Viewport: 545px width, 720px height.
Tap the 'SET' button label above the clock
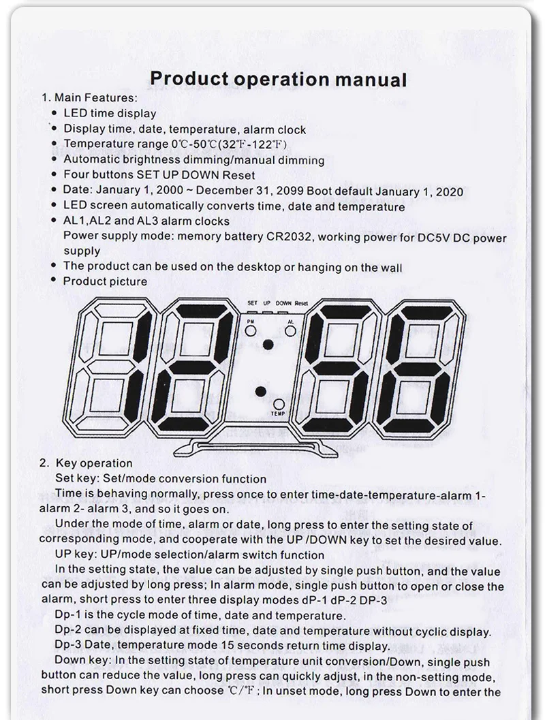[x=252, y=302]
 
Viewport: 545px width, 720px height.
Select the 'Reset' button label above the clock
[x=302, y=302]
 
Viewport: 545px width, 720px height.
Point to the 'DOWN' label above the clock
[x=284, y=302]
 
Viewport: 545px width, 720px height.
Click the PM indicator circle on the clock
[x=251, y=330]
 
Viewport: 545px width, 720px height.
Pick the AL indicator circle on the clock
[x=291, y=330]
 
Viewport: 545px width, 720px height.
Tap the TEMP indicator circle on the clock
[x=279, y=404]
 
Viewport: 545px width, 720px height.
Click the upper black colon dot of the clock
[x=268, y=345]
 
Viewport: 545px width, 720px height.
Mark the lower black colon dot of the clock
[x=262, y=392]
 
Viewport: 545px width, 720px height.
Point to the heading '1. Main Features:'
[x=89, y=97]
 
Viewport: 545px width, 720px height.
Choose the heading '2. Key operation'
[x=86, y=463]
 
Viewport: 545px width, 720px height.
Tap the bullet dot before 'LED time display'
[x=54, y=114]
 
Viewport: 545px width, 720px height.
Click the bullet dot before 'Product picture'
[x=54, y=281]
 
